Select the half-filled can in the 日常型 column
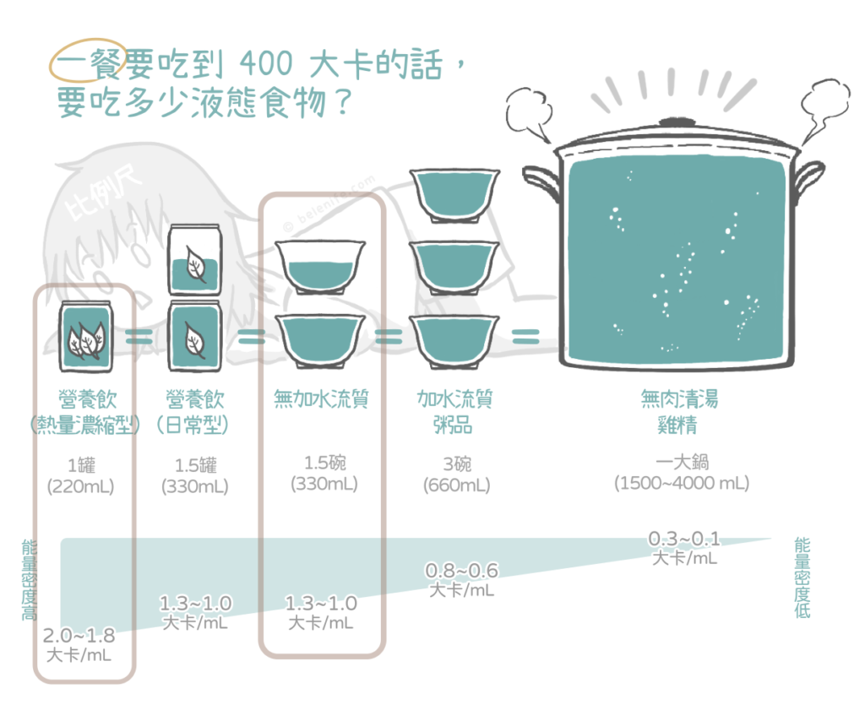193,260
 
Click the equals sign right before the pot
525,337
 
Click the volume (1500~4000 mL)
681,484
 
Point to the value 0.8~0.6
461,571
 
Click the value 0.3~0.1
684,539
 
